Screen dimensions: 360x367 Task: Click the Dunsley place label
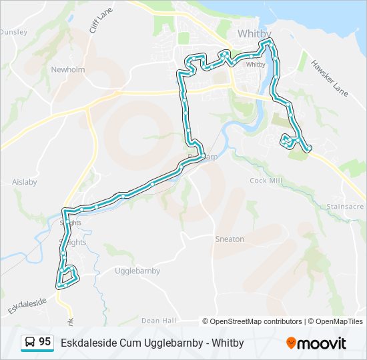13,31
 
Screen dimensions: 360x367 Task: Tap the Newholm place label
65,69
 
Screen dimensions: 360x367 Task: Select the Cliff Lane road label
97,21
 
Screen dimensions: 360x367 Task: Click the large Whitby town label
255,34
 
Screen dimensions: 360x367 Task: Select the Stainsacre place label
346,207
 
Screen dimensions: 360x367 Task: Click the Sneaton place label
230,239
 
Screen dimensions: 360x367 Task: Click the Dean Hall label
159,321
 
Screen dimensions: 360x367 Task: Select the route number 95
45,342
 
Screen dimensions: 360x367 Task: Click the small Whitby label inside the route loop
256,65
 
